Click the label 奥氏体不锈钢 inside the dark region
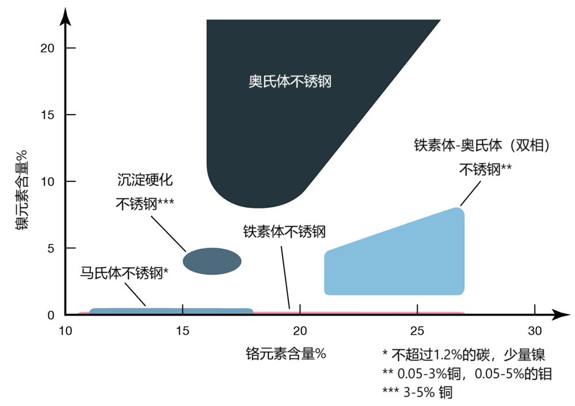[x=290, y=81]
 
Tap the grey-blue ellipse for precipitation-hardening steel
[x=212, y=261]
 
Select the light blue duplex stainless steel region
[x=394, y=257]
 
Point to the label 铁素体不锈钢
[x=284, y=232]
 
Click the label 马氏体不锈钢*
[x=124, y=272]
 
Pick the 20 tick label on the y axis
[x=47, y=48]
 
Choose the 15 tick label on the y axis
[x=47, y=115]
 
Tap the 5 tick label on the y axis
[x=51, y=248]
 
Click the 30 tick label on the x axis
[x=535, y=331]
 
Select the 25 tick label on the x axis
[x=417, y=331]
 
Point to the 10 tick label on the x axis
[x=65, y=331]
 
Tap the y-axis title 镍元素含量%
[x=22, y=189]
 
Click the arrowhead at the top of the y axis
[x=65, y=17]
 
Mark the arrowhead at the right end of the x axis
[x=561, y=314]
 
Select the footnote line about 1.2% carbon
[x=463, y=354]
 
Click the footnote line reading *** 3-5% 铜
[x=417, y=392]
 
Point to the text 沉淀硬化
[x=145, y=180]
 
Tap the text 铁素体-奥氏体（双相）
[x=482, y=145]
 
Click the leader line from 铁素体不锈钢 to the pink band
[x=285, y=277]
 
